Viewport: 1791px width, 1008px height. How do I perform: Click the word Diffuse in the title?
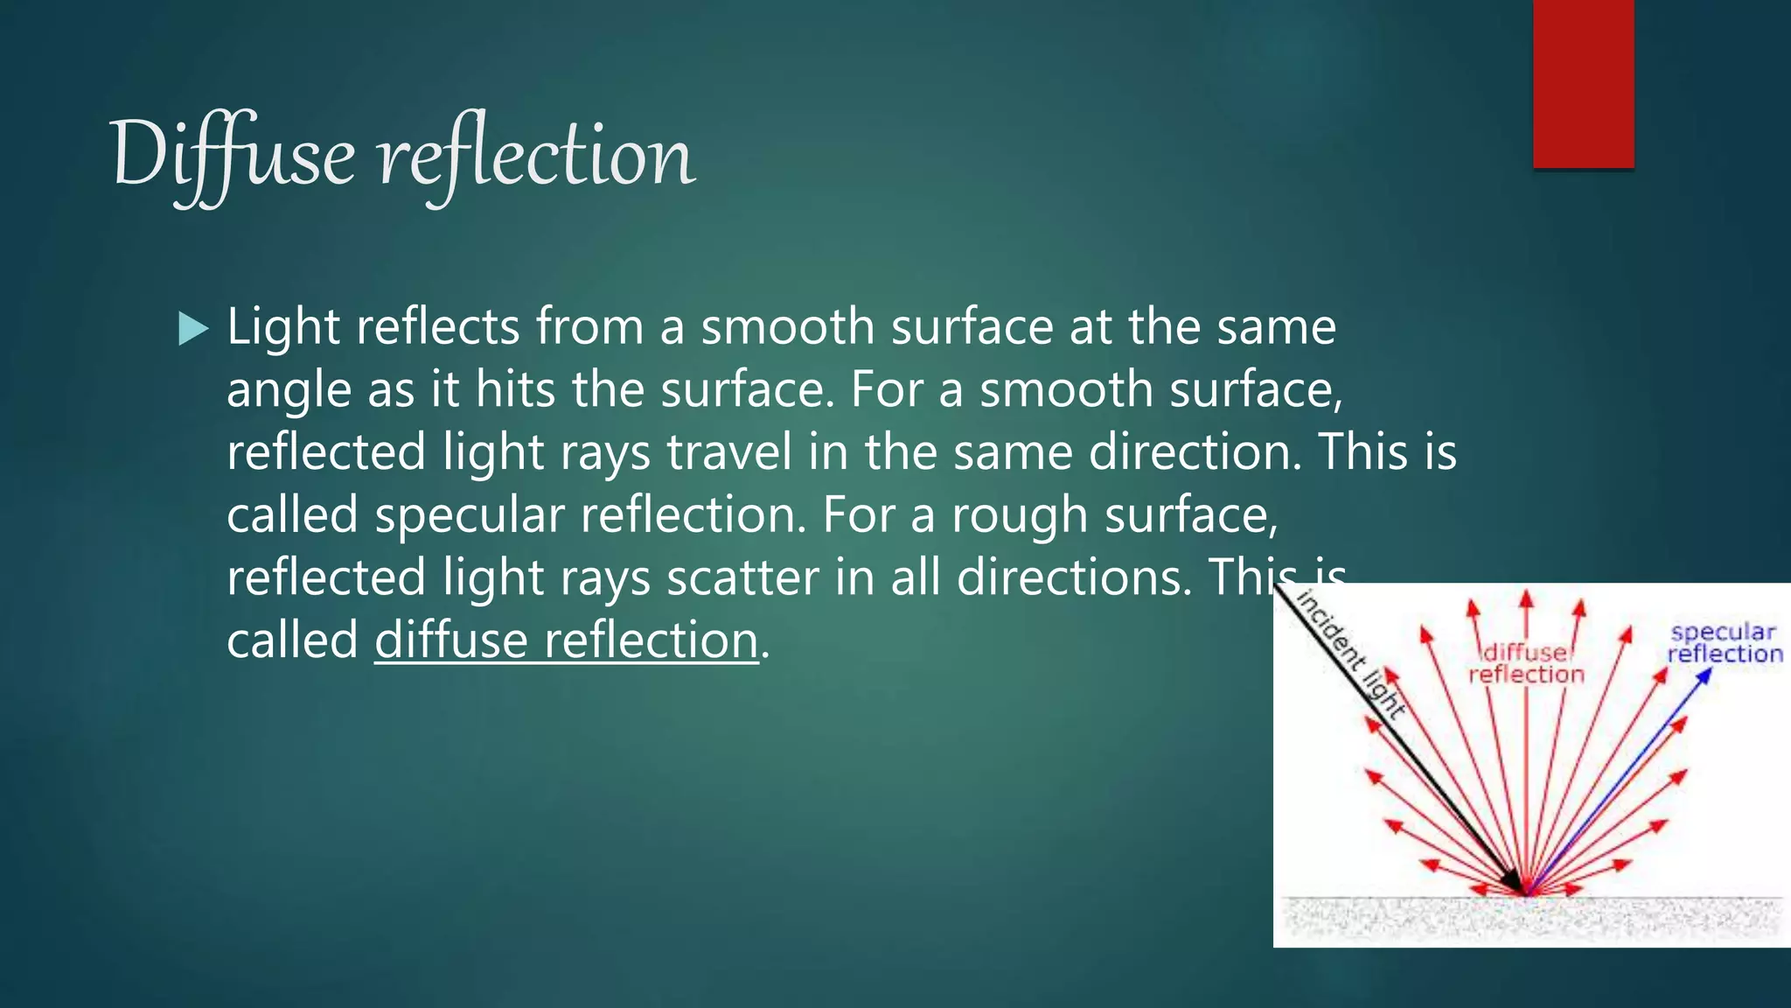pyautogui.click(x=233, y=156)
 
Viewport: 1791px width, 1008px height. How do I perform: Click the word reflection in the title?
pyautogui.click(x=536, y=156)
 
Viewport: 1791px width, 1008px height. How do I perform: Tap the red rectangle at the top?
pyautogui.click(x=1583, y=83)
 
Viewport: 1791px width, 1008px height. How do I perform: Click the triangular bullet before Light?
pyautogui.click(x=192, y=329)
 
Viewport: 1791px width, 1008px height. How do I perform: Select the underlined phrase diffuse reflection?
pyautogui.click(x=566, y=640)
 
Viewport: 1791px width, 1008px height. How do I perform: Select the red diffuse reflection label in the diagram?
pyautogui.click(x=1526, y=663)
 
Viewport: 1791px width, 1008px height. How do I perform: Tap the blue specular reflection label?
pyautogui.click(x=1724, y=643)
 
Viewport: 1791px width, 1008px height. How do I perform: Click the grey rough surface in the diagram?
pyautogui.click(x=1530, y=919)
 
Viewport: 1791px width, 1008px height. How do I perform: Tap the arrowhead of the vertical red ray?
pyautogui.click(x=1526, y=598)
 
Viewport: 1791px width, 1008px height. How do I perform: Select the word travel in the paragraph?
pyautogui.click(x=729, y=452)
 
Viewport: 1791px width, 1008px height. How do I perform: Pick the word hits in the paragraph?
pyautogui.click(x=515, y=389)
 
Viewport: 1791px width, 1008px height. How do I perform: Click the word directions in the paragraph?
pyautogui.click(x=1074, y=577)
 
